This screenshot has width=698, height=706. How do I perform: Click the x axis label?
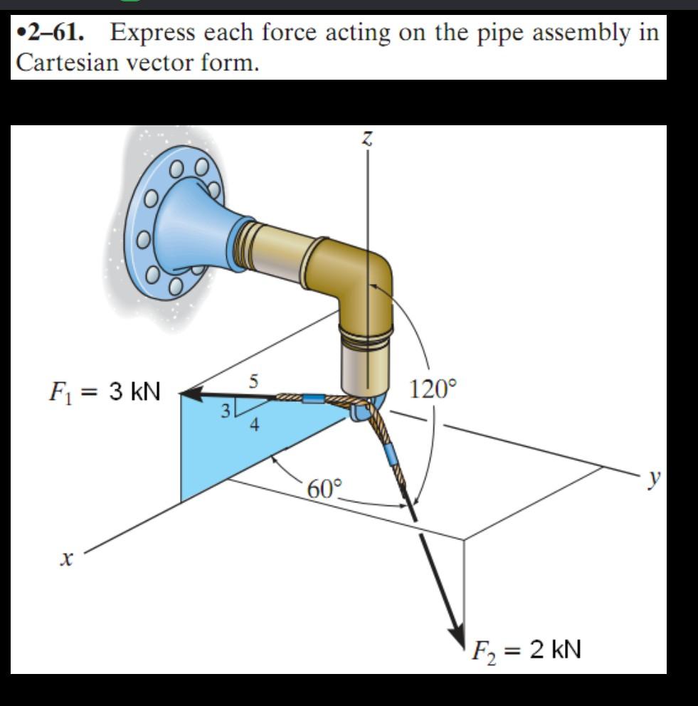[65, 561]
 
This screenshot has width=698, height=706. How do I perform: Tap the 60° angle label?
[325, 489]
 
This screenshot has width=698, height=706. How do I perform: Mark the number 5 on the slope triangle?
[253, 381]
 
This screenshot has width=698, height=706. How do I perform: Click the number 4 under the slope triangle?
[254, 426]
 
